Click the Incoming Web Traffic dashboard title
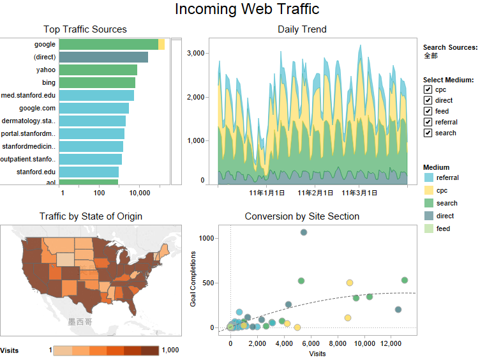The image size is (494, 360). tap(247, 10)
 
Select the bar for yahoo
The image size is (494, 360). tap(98, 70)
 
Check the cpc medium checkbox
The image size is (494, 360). tap(428, 89)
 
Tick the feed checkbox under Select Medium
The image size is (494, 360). tap(428, 111)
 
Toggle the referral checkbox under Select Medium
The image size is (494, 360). tap(428, 122)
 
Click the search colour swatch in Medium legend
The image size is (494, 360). tap(429, 203)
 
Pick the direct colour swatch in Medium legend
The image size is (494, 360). tap(429, 216)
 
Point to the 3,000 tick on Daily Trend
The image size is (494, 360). tap(195, 53)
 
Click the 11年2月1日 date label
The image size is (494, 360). tap(315, 192)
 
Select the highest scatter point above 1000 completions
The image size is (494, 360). tap(304, 232)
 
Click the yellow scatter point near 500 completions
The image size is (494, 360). tap(350, 283)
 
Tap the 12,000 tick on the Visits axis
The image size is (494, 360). tap(391, 344)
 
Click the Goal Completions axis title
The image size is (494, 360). tap(193, 283)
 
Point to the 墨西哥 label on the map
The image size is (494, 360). tap(80, 322)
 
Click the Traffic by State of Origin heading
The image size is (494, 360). tap(91, 216)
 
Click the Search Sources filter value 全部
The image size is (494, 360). tap(431, 56)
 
